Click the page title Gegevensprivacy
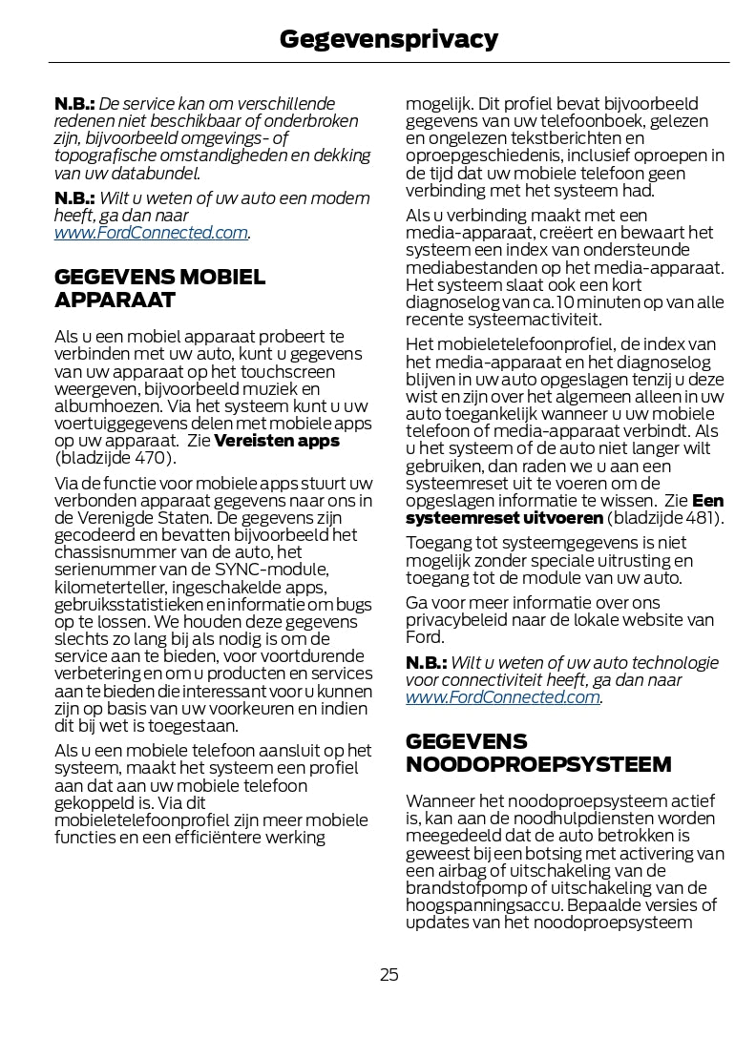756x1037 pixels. (388, 38)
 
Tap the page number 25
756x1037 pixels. (388, 974)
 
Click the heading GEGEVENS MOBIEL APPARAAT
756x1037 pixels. (160, 289)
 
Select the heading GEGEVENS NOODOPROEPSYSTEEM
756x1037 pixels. (538, 753)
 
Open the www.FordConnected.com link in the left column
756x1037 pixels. (152, 232)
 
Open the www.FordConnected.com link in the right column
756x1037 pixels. (503, 696)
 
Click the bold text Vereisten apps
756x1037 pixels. (277, 441)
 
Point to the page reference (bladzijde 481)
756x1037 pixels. (665, 518)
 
